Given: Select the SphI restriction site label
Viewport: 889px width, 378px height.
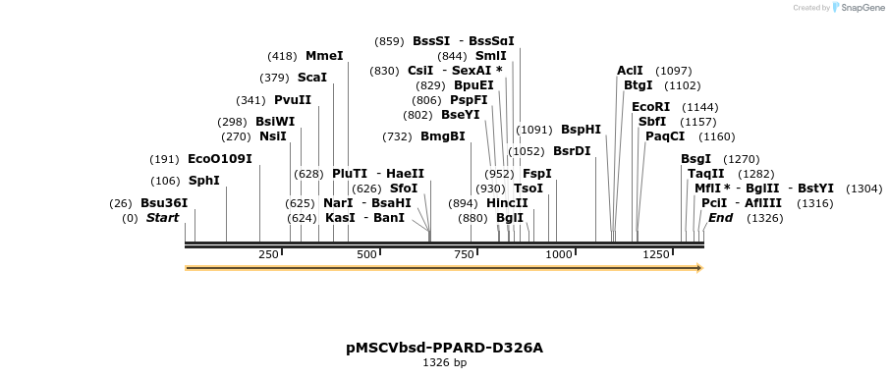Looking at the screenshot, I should click(x=203, y=181).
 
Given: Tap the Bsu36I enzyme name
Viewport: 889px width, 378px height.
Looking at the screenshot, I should click(x=164, y=203).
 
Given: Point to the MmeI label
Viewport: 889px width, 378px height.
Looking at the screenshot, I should click(x=324, y=56).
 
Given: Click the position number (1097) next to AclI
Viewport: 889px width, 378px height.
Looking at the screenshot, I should click(x=674, y=71).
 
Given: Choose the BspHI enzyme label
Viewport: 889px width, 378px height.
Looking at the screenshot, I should click(x=581, y=129).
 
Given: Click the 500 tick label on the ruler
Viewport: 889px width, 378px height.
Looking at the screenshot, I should click(x=366, y=255).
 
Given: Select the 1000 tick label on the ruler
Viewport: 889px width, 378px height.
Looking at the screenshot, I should click(x=558, y=255).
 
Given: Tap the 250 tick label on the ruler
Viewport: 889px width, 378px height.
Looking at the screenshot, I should click(x=268, y=255).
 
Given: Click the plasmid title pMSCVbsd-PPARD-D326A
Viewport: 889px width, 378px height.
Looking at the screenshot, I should click(x=444, y=348).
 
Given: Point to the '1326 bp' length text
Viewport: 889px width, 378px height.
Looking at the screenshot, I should click(x=444, y=363).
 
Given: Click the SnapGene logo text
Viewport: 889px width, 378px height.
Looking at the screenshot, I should click(x=858, y=8).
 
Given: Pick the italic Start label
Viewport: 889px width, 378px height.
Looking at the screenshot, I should click(x=163, y=218).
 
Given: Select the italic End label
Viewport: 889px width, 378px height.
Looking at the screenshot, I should click(x=721, y=218).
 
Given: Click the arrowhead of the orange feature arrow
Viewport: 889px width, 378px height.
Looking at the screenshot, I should click(x=698, y=268).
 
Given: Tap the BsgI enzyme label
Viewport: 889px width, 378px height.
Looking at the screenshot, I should click(x=695, y=159).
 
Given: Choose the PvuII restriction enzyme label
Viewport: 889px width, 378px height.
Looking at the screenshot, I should click(x=293, y=100).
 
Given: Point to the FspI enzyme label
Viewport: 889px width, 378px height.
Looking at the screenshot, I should click(x=537, y=174).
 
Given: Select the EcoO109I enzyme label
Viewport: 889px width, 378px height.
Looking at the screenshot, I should click(x=220, y=159).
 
